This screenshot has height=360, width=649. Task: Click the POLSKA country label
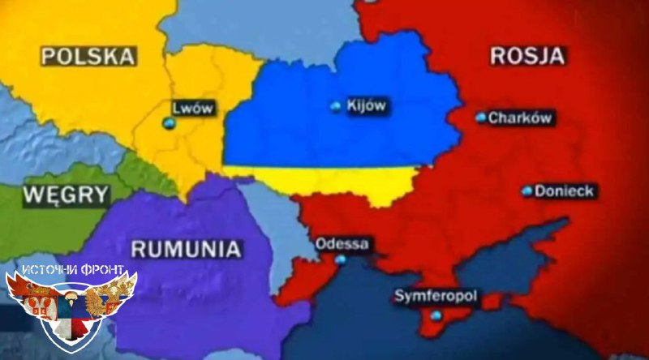[88, 56]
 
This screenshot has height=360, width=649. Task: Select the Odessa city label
[342, 243]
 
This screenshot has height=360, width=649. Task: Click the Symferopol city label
[435, 296]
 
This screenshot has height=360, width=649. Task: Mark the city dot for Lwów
[169, 122]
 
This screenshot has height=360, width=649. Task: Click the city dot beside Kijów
[336, 106]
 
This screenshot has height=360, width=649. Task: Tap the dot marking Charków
[481, 118]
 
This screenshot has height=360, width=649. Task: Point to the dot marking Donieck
[527, 192]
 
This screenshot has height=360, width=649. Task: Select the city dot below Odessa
[340, 260]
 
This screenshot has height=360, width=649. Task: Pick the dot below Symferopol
[436, 315]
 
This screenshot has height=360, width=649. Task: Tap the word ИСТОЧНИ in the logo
[49, 269]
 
